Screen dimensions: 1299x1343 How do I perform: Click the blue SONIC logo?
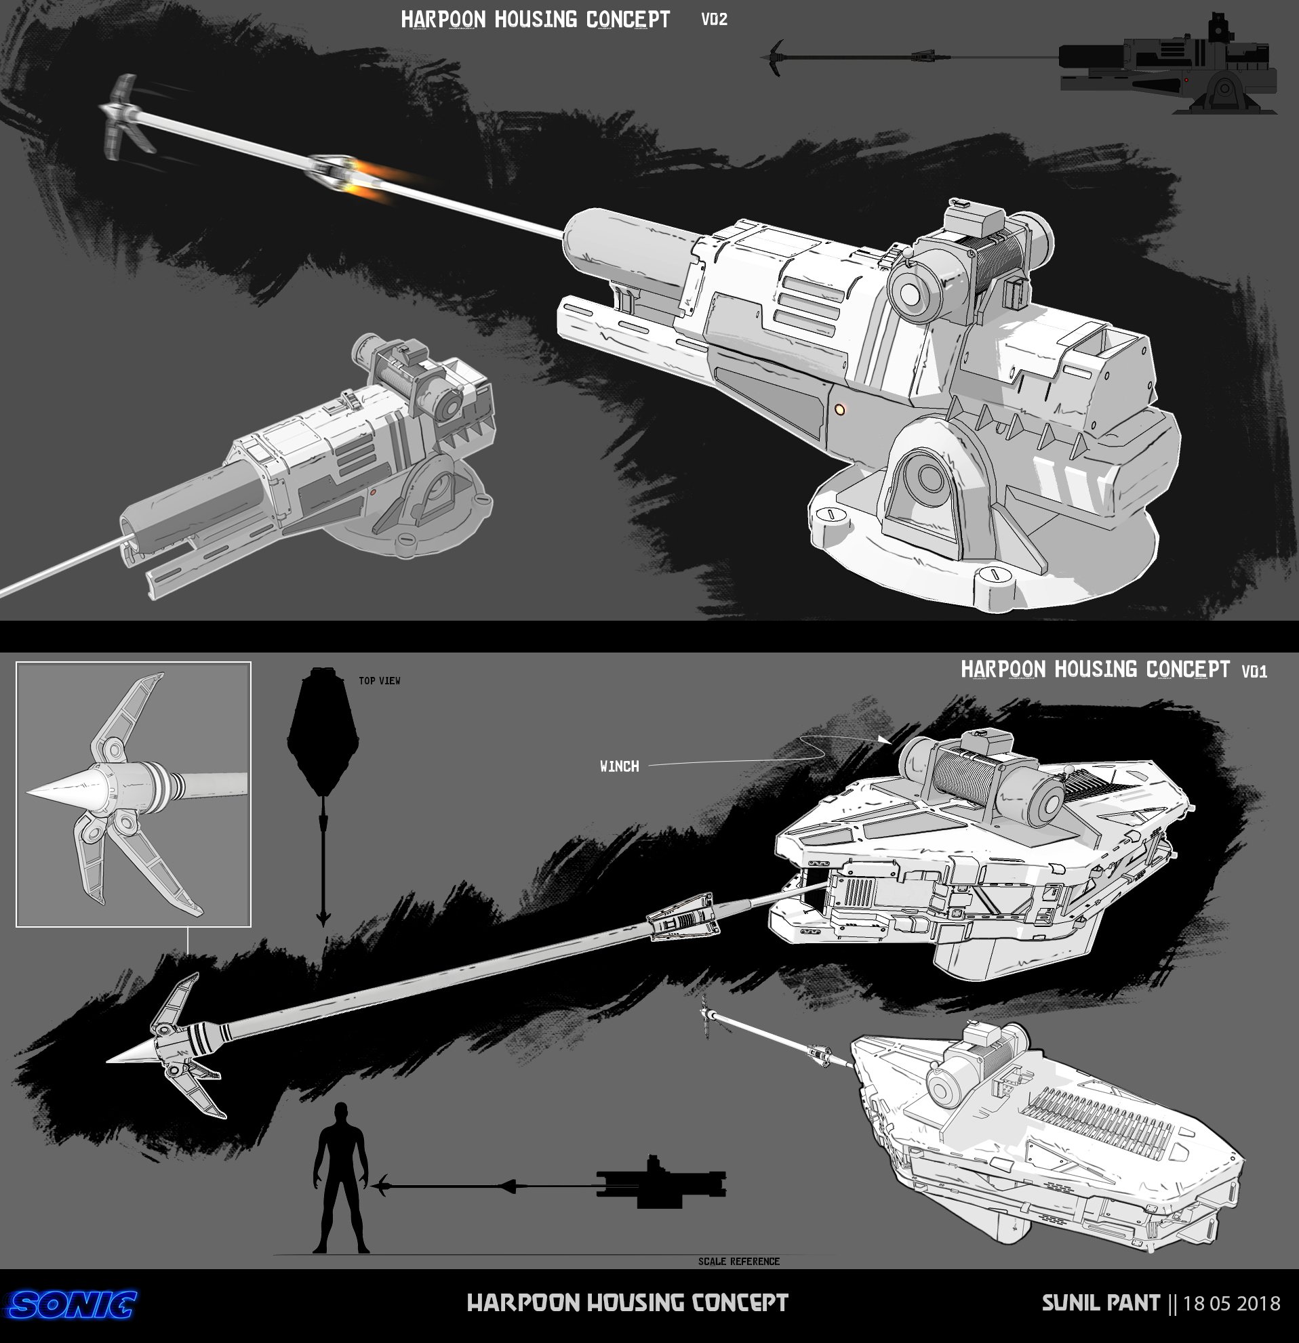click(x=72, y=1304)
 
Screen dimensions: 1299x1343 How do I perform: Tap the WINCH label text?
click(x=620, y=766)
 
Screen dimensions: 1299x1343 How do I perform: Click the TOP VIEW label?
click(x=379, y=680)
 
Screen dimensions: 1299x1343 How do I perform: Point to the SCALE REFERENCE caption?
click(x=739, y=1261)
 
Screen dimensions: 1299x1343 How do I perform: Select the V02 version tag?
click(x=715, y=19)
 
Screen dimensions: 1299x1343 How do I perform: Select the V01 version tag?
click(x=1254, y=671)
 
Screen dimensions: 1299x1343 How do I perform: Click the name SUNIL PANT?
click(x=1101, y=1302)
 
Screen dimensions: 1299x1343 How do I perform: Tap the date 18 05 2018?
click(x=1232, y=1302)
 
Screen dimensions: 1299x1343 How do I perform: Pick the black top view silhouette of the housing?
click(x=323, y=730)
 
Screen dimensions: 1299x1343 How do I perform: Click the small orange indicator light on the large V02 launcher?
click(x=840, y=409)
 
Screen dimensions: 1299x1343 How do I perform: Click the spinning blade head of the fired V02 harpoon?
click(x=127, y=114)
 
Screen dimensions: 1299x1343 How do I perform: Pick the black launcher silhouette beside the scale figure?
click(x=661, y=1183)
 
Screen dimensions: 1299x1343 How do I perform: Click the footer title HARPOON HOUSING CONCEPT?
click(x=627, y=1302)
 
